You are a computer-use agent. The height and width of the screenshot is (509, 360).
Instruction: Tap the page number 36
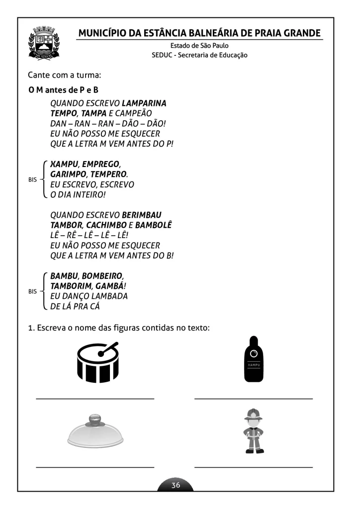click(176, 485)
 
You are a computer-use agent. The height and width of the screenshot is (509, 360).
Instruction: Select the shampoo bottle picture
click(254, 359)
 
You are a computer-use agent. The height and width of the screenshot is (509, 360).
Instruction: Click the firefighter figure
click(254, 431)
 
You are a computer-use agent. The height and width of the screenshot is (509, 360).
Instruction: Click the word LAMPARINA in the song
click(144, 103)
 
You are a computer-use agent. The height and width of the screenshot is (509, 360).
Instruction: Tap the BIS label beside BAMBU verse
click(33, 291)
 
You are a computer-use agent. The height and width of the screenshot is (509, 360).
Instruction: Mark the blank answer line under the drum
click(95, 398)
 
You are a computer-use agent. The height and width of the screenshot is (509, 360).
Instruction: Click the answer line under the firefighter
click(254, 467)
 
